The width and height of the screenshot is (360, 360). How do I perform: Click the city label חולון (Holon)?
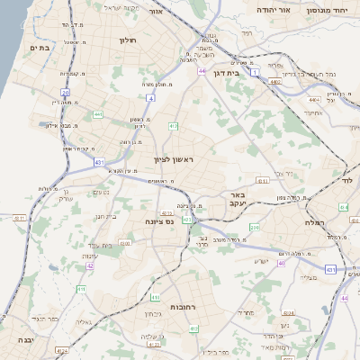(x=126, y=40)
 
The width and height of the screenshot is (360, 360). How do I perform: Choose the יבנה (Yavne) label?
(x=24, y=341)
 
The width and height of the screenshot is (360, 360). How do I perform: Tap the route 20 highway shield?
(x=65, y=93)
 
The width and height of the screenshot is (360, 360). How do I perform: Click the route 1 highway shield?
(x=255, y=70)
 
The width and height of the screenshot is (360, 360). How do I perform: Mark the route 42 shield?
(x=90, y=265)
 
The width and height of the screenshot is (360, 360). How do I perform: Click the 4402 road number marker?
(x=274, y=82)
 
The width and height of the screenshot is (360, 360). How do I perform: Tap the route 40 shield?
(x=282, y=264)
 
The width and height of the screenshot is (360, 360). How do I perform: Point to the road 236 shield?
(x=255, y=228)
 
